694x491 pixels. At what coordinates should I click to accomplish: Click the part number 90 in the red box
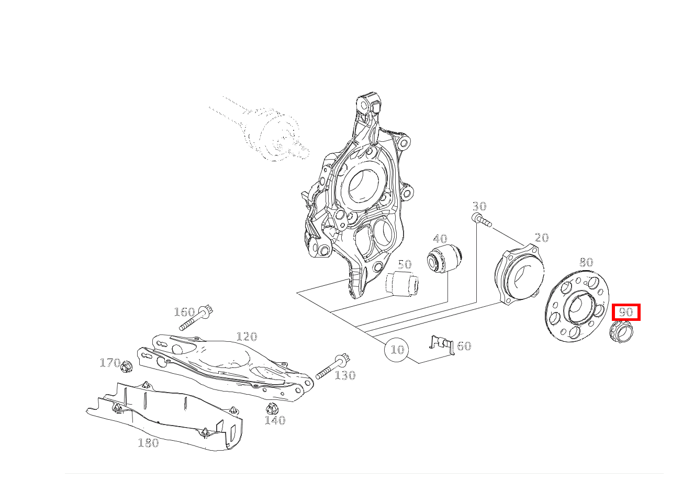[625, 311]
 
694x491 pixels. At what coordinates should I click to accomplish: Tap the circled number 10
[396, 350]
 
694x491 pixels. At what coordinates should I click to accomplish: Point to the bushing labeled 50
[402, 284]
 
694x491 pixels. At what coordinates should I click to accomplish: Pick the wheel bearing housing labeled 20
[519, 274]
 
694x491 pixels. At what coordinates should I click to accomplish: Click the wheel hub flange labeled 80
[577, 307]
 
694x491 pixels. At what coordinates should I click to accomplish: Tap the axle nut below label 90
[621, 332]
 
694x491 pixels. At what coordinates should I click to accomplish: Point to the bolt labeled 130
[333, 366]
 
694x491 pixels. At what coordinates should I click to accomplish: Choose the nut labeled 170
[126, 367]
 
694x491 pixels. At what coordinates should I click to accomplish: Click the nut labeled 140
[272, 409]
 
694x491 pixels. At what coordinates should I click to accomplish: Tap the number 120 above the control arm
[247, 337]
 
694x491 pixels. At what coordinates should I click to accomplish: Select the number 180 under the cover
[149, 443]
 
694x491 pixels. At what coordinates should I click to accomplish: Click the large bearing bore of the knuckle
[363, 187]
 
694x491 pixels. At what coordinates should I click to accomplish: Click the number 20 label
[542, 238]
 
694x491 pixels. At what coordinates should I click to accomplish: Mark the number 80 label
[586, 262]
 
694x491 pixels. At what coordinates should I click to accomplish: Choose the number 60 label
[464, 345]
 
